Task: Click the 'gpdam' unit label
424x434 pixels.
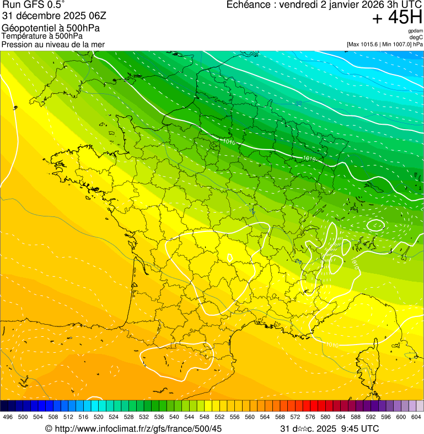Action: tap(416, 31)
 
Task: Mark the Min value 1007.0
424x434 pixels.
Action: tap(400, 44)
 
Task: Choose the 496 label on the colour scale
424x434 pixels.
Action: tap(8, 417)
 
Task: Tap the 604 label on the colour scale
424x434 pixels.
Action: tap(416, 417)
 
